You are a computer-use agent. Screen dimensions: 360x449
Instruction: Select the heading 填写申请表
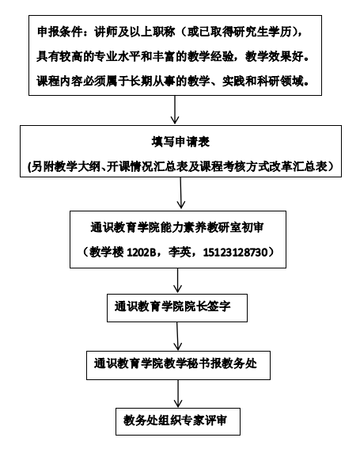click(x=180, y=142)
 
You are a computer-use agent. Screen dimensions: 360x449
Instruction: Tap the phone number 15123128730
click(x=235, y=253)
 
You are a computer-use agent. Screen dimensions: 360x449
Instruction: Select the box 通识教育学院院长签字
click(x=177, y=308)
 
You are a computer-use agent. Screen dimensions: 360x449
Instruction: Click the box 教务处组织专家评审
click(x=178, y=421)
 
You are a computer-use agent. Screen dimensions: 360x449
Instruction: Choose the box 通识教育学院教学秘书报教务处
click(x=178, y=365)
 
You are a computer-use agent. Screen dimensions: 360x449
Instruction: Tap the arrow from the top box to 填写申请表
click(x=175, y=109)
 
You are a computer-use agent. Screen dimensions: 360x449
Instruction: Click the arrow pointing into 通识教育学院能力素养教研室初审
click(x=180, y=192)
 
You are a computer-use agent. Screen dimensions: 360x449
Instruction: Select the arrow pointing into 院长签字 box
click(x=178, y=280)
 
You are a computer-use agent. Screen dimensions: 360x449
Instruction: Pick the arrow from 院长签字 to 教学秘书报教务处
click(x=178, y=337)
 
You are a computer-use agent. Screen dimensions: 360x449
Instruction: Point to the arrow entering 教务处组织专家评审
click(x=178, y=394)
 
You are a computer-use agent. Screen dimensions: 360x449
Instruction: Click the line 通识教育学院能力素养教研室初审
click(x=177, y=227)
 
